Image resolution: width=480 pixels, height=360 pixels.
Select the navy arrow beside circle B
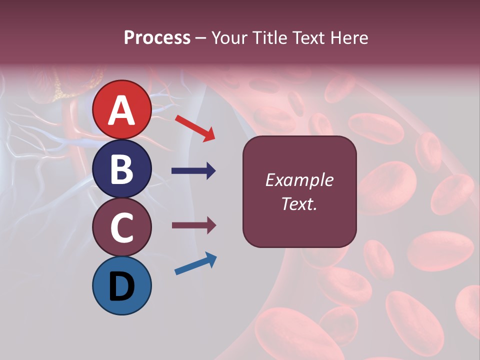tap(193, 171)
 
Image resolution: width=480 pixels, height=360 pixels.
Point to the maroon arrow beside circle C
tap(193, 225)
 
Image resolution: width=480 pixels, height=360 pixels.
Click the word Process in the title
tap(157, 38)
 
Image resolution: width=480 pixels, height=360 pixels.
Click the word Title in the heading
tap(269, 38)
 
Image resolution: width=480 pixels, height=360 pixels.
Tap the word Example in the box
tap(299, 180)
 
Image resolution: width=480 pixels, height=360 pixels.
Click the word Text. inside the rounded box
tap(299, 203)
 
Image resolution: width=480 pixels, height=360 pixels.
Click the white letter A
tap(122, 110)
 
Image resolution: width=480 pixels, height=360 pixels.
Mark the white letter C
tap(122, 228)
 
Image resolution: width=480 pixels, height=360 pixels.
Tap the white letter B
tap(122, 169)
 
